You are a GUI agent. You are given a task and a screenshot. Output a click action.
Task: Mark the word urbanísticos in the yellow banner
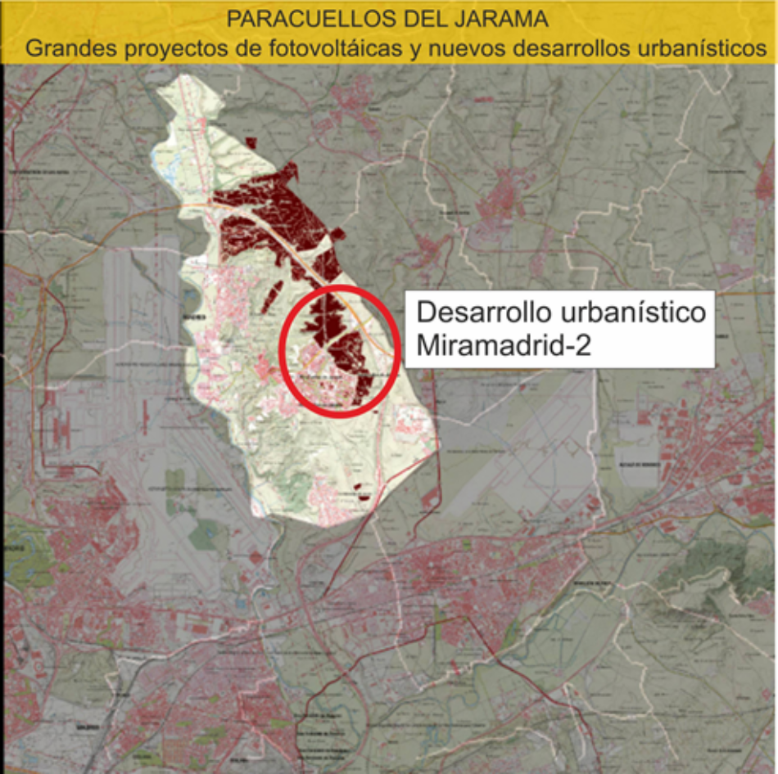[702, 47]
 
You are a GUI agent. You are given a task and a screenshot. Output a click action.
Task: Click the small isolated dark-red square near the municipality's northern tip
[251, 143]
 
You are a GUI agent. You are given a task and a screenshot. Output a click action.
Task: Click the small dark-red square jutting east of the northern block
[337, 234]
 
